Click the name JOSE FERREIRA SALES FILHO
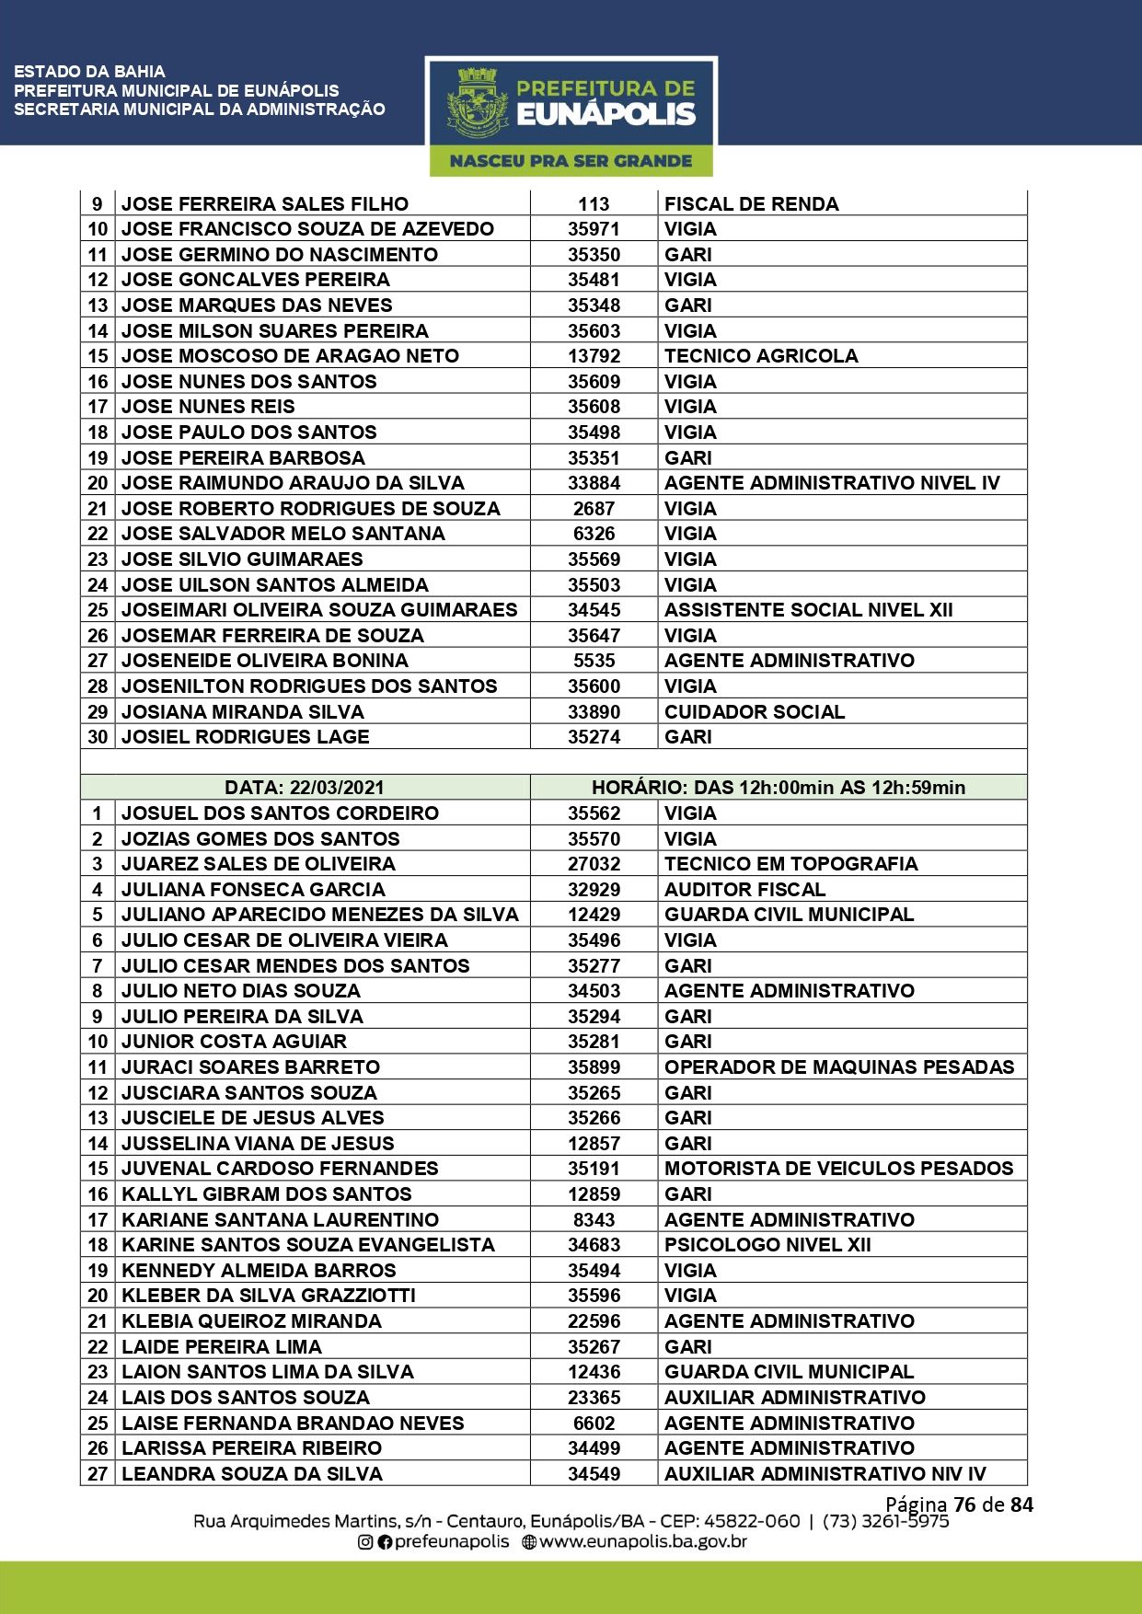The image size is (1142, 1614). [265, 204]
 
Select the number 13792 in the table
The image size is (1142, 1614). [594, 356]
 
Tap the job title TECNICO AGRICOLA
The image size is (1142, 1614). [761, 356]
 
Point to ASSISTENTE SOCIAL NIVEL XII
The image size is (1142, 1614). [808, 610]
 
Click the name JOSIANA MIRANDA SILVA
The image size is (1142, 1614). [243, 712]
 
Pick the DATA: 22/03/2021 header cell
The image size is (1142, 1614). [305, 788]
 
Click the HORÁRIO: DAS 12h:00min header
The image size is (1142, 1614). [778, 788]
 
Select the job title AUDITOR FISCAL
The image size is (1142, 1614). [744, 890]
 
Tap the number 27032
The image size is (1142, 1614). [594, 864]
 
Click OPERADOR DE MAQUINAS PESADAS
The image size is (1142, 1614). [838, 1067]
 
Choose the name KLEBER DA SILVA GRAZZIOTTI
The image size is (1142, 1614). [269, 1296]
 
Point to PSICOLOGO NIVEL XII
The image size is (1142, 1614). [767, 1245]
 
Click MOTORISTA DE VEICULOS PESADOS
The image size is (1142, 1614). [838, 1169]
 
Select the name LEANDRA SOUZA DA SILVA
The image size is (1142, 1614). [252, 1474]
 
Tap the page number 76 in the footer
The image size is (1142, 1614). [964, 1504]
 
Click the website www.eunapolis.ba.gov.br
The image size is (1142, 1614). [642, 1541]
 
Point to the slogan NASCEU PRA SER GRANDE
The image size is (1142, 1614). [571, 161]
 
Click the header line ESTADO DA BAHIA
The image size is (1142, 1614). [89, 72]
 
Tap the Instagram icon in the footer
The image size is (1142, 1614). [365, 1542]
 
